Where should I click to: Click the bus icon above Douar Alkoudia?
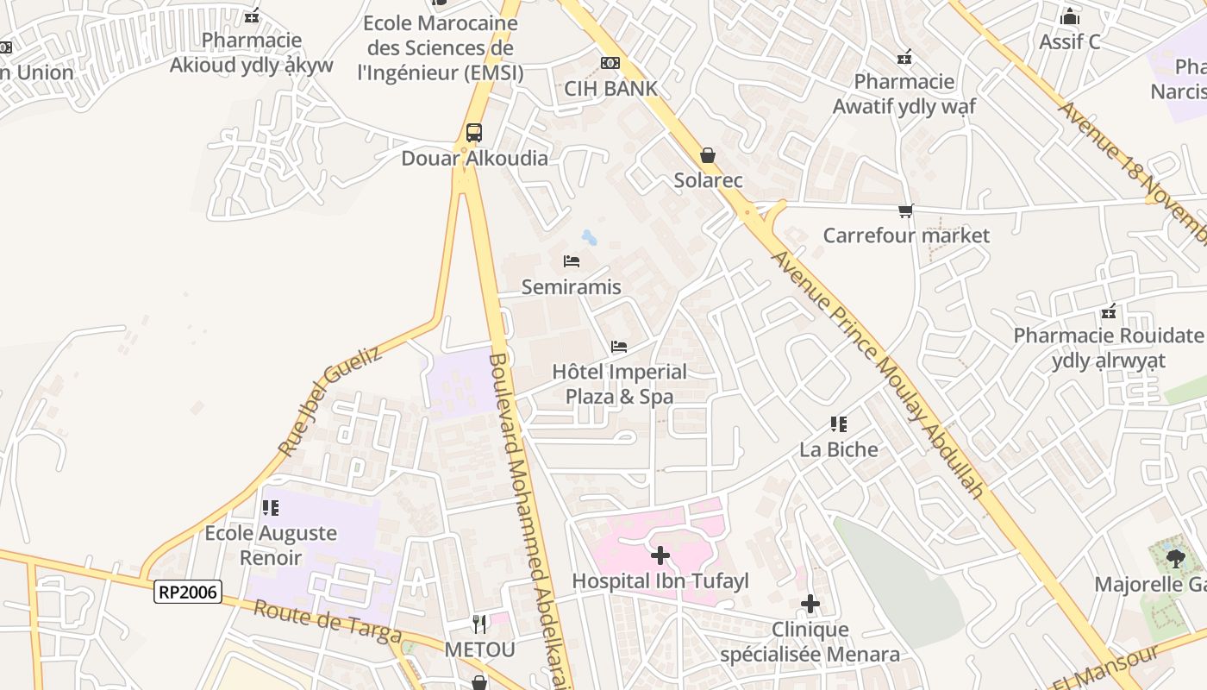[474, 133]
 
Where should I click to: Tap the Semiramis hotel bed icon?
[571, 261]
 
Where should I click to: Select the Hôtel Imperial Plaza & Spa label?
[619, 384]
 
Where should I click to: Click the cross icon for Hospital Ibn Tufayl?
[660, 555]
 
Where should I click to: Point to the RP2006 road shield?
[189, 592]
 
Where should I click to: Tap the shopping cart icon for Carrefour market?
[905, 210]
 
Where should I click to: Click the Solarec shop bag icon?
[708, 155]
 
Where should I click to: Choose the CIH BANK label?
[610, 88]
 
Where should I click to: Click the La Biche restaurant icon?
[839, 423]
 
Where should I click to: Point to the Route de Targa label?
[328, 621]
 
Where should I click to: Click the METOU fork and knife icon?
[479, 623]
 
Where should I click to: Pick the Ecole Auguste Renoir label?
[271, 545]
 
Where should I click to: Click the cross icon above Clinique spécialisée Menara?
[810, 604]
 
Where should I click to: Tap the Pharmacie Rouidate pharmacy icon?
[1109, 310]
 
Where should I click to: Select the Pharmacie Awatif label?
[904, 94]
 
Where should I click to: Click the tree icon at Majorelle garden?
[1174, 559]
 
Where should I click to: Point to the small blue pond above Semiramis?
[590, 237]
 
